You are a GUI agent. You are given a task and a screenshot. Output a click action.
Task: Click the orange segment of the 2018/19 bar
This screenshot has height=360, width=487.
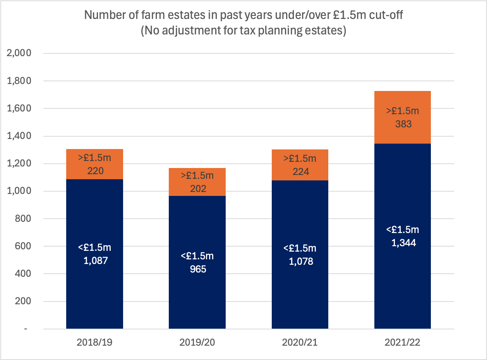click(94, 164)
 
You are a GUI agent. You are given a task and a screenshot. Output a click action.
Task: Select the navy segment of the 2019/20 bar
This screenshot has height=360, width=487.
click(197, 262)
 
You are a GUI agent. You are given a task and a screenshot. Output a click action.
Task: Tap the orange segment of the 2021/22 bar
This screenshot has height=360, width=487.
click(403, 117)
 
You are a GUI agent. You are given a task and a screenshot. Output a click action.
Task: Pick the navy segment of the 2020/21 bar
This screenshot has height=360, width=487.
click(300, 255)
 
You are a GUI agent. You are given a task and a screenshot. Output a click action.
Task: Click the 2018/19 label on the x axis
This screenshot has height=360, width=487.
click(94, 343)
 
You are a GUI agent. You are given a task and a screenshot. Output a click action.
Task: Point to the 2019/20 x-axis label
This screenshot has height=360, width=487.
click(197, 343)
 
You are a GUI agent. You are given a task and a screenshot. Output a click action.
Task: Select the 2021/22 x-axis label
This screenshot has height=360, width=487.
click(403, 343)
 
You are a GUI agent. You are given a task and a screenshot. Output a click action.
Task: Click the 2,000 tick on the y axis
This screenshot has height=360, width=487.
click(19, 53)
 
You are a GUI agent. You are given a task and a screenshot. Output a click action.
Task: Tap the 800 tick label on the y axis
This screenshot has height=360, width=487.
click(23, 219)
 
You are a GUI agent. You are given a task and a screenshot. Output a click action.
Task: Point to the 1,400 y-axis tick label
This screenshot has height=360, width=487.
click(19, 136)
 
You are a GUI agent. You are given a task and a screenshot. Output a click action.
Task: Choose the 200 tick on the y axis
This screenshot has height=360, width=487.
click(23, 301)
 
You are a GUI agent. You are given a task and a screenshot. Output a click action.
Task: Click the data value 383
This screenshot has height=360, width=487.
click(403, 124)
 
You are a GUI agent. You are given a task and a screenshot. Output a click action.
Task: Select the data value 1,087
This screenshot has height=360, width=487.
click(96, 261)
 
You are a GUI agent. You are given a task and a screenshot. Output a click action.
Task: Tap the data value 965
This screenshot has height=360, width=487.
click(198, 269)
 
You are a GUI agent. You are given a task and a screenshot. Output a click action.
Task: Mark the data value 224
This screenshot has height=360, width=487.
click(301, 172)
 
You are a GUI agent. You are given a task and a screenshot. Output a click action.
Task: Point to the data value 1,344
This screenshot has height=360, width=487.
click(403, 243)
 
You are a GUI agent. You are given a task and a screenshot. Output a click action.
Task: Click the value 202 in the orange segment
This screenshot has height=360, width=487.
click(198, 189)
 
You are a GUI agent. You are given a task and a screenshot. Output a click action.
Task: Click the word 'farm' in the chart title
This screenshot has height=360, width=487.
click(153, 15)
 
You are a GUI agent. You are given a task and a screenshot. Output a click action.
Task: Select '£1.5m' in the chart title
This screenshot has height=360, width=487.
click(350, 15)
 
